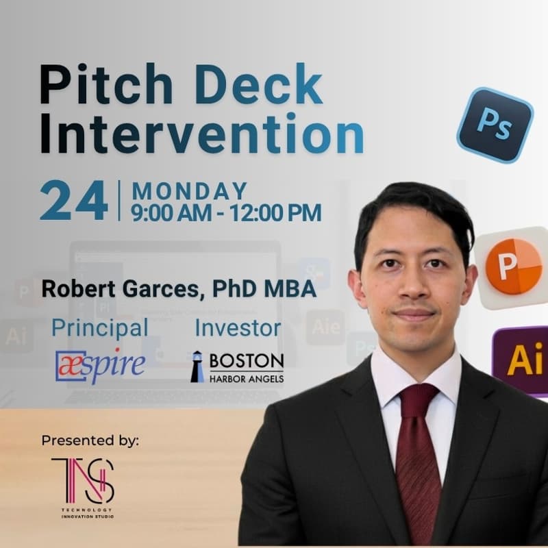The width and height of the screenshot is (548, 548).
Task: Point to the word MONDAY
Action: pyautogui.click(x=190, y=190)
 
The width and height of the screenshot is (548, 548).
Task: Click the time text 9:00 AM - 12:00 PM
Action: pyautogui.click(x=227, y=212)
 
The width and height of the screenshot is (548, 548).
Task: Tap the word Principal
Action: pyautogui.click(x=100, y=327)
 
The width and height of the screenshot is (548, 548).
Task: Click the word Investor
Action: pyautogui.click(x=238, y=327)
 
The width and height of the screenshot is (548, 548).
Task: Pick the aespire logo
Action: pyautogui.click(x=100, y=364)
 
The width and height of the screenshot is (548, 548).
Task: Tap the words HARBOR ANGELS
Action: pyautogui.click(x=247, y=377)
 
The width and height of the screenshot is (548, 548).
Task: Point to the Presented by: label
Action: pyautogui.click(x=90, y=440)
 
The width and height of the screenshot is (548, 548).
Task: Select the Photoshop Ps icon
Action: pyautogui.click(x=495, y=124)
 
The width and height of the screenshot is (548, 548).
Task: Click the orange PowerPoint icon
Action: pyautogui.click(x=513, y=266)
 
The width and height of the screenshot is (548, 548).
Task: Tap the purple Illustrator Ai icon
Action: pyautogui.click(x=522, y=360)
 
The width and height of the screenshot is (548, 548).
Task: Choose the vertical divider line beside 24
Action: pyautogui.click(x=120, y=201)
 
